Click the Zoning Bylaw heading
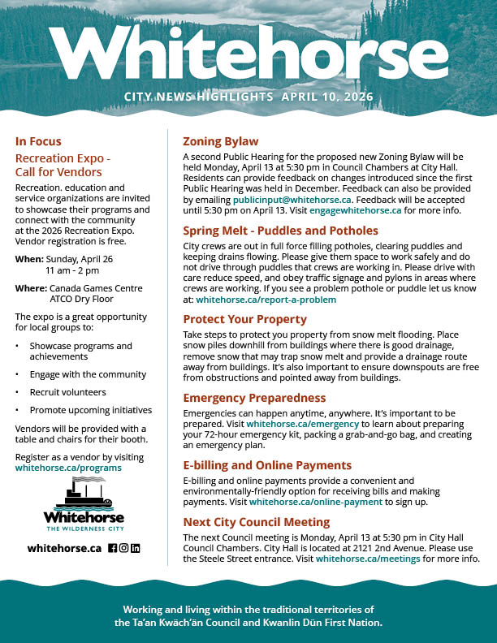coord(220,141)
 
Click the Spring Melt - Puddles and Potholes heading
coord(280,231)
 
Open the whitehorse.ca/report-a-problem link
coord(266,300)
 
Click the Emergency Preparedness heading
coord(254,398)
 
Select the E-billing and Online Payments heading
coord(267,466)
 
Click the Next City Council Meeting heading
coord(256,522)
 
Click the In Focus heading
coord(38,141)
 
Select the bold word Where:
coord(31,288)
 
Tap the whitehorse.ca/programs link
coord(68,468)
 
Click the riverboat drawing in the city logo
coord(81,492)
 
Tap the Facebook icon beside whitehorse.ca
coord(113,548)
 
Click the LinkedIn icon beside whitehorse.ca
coord(136,548)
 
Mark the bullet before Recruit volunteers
coord(19,392)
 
